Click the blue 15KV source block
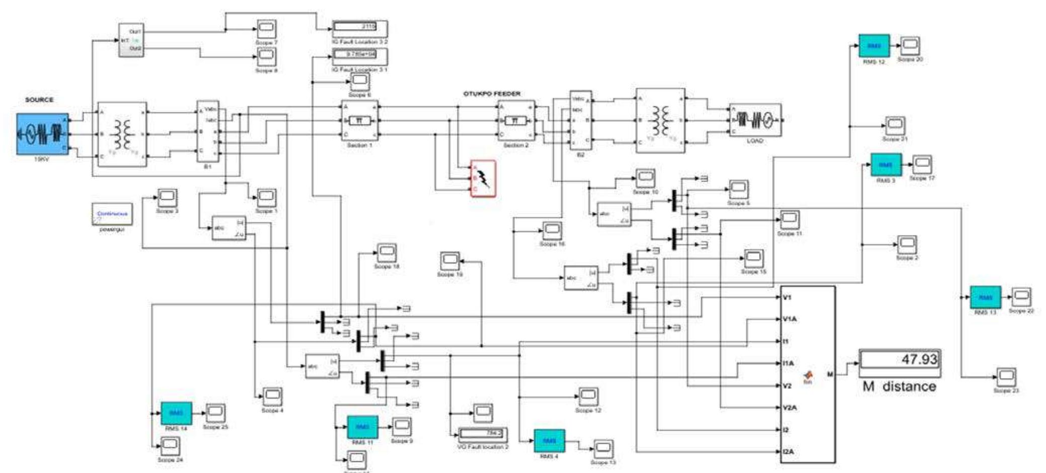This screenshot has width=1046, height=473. point(42,134)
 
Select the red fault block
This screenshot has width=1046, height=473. point(483,178)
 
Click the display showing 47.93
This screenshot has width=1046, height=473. point(899,360)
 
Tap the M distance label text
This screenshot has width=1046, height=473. point(899,386)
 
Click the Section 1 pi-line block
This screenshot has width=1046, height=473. point(360,121)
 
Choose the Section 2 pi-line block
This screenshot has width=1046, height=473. point(516,121)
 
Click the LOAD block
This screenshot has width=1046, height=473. point(755,120)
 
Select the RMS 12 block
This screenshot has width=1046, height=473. point(874,46)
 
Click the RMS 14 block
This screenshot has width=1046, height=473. point(176,413)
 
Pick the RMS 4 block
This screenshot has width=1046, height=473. point(549,441)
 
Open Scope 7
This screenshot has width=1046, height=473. point(266,29)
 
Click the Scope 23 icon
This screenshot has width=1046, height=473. point(1006,377)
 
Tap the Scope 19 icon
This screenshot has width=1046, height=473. point(450,261)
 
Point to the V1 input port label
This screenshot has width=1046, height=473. point(787,297)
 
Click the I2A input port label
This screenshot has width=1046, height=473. point(788,452)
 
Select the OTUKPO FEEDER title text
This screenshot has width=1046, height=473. point(492,94)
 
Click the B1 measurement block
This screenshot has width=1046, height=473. point(208,131)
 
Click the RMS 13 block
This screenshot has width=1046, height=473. point(985,297)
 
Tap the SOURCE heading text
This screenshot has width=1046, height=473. point(39,100)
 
